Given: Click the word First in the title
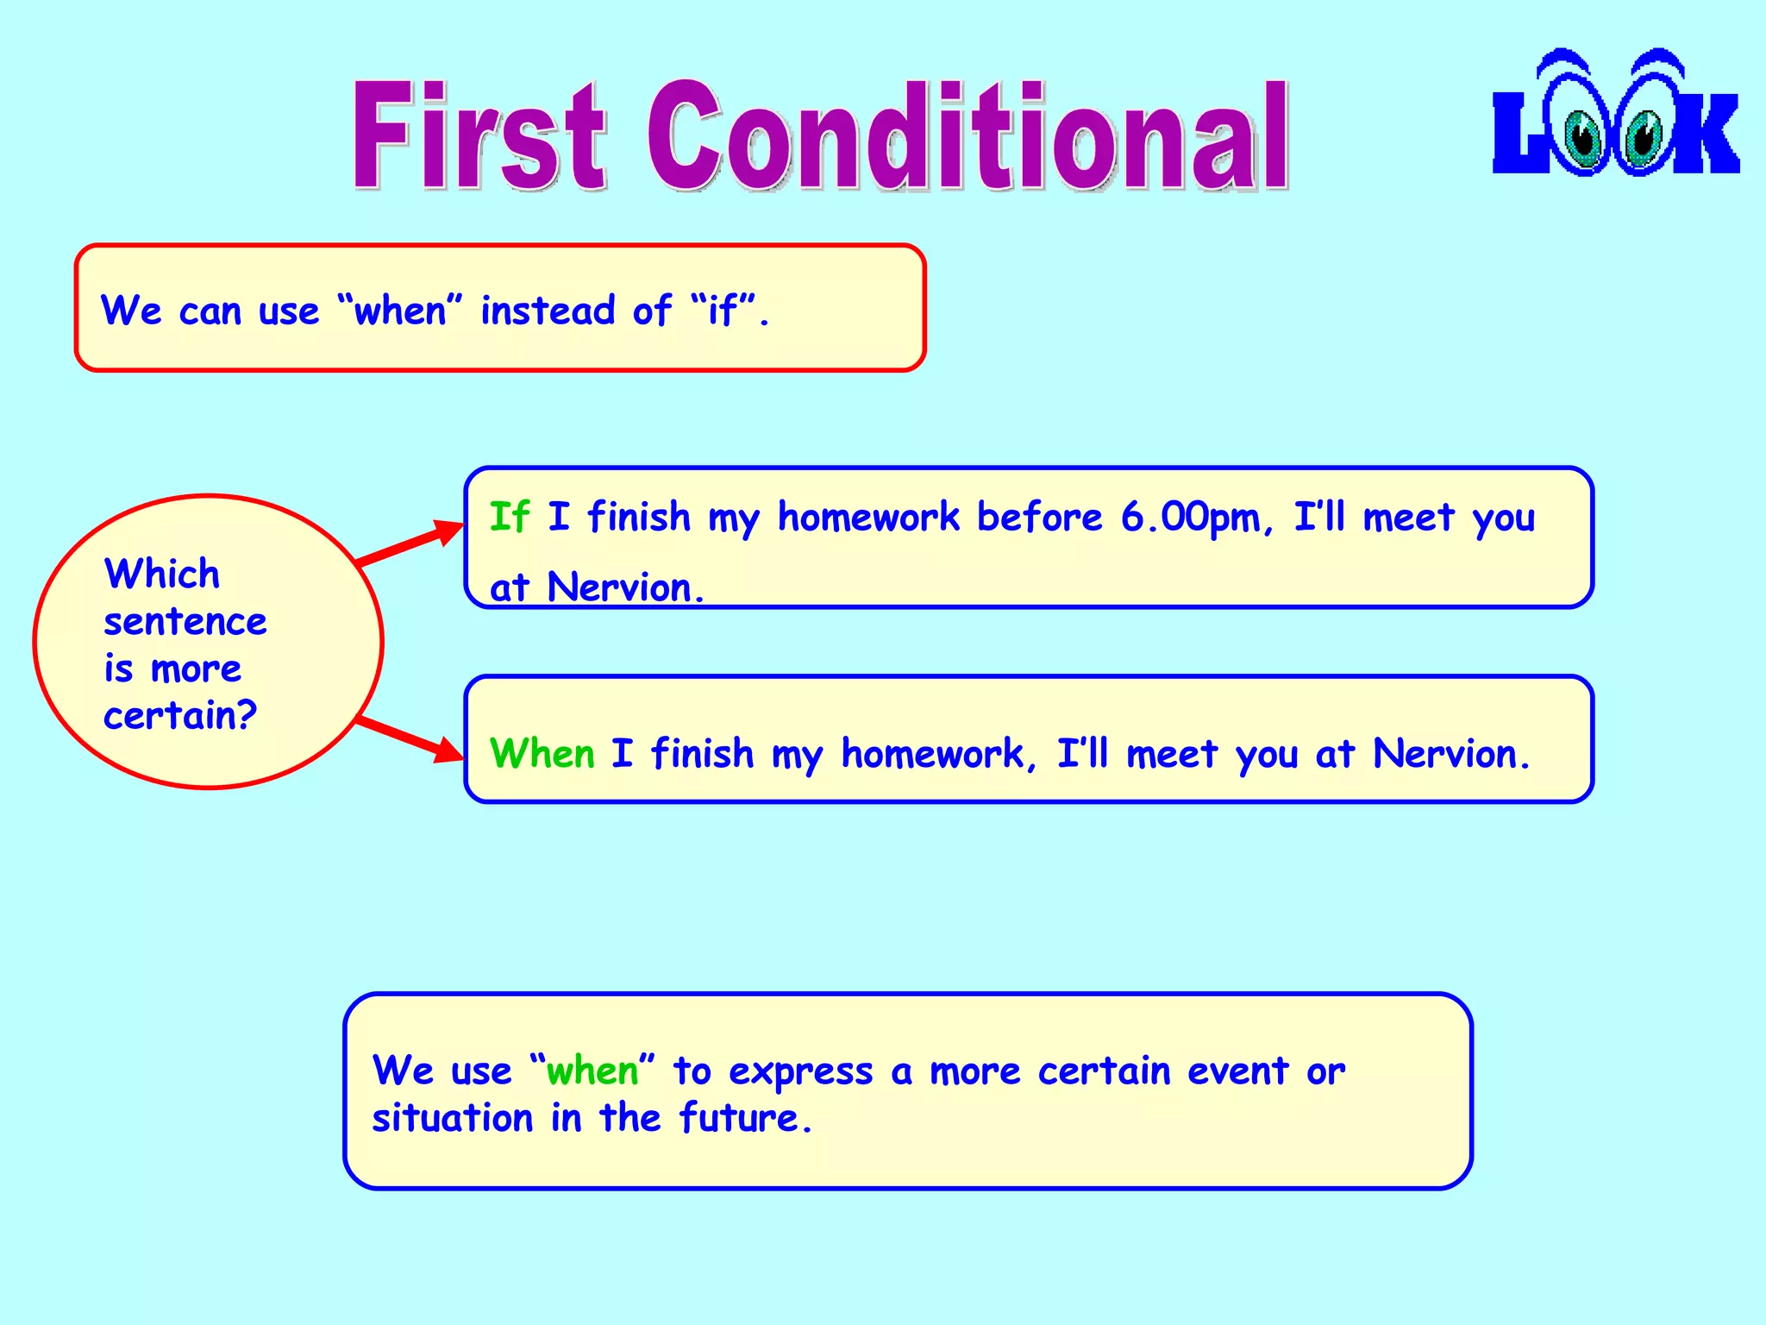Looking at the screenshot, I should coord(479,136).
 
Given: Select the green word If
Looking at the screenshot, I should coord(509,518).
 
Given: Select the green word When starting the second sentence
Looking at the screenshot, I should coord(542,754).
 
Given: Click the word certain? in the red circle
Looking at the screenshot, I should coord(180,716).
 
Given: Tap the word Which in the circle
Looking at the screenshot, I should coord(161,575).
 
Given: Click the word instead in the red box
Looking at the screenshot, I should coord(547,311).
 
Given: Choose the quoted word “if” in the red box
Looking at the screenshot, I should coord(723,311).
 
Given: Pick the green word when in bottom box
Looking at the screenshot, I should coord(592,1071).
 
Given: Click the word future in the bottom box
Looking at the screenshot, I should coord(738,1119).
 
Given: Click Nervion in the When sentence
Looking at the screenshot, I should coord(1444,754).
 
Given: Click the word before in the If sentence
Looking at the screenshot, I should coord(1039,518).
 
